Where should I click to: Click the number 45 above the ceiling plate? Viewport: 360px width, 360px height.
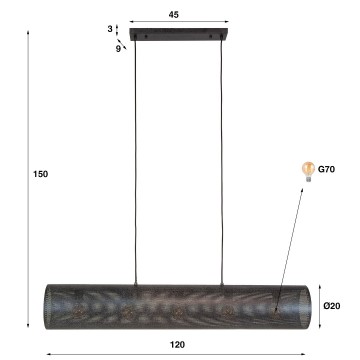[x=174, y=15]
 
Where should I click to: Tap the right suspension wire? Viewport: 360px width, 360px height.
[x=218, y=160]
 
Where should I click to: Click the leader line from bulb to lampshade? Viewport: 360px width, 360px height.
[x=293, y=240]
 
